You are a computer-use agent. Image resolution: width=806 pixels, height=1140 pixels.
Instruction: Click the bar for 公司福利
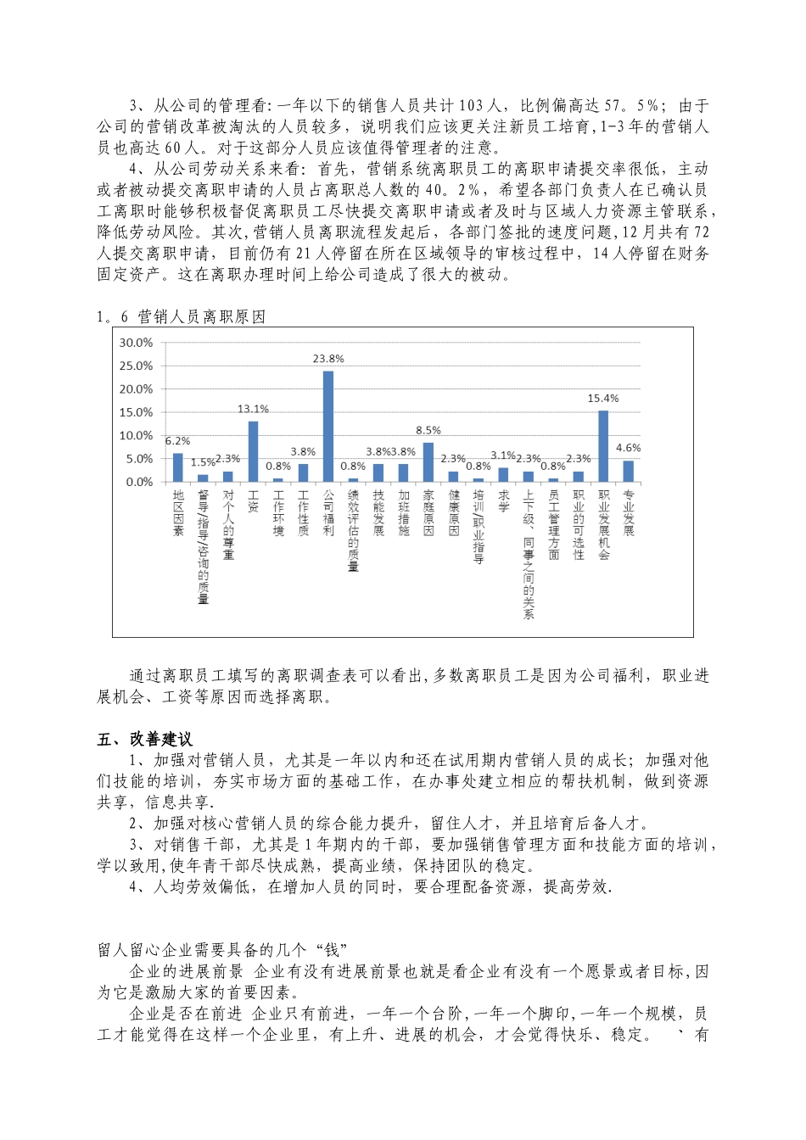[328, 426]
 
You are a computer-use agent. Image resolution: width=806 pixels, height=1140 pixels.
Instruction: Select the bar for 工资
[253, 451]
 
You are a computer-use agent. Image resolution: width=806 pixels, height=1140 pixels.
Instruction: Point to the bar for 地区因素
[178, 467]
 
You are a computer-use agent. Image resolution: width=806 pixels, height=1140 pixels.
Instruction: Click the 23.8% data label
[328, 359]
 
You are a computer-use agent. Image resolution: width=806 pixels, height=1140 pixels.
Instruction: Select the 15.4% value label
[603, 399]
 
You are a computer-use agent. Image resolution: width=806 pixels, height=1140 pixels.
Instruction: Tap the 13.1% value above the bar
[253, 409]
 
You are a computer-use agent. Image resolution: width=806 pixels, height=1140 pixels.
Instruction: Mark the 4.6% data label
[628, 448]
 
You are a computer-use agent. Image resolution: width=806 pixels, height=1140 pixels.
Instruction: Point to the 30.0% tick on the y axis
[136, 343]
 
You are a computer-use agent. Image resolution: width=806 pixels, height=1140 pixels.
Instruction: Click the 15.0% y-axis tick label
[136, 412]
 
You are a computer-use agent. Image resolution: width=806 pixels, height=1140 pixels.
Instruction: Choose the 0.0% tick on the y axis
[139, 482]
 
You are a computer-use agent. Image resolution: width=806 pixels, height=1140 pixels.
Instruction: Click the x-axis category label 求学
[503, 500]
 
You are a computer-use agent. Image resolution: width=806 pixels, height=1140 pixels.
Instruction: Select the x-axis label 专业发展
[628, 512]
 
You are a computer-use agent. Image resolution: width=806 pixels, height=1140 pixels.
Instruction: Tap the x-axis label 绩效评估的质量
[353, 530]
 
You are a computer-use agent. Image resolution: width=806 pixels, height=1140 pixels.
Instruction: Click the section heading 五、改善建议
[145, 739]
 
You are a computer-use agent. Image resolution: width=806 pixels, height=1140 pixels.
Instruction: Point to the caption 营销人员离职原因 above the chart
[201, 316]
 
